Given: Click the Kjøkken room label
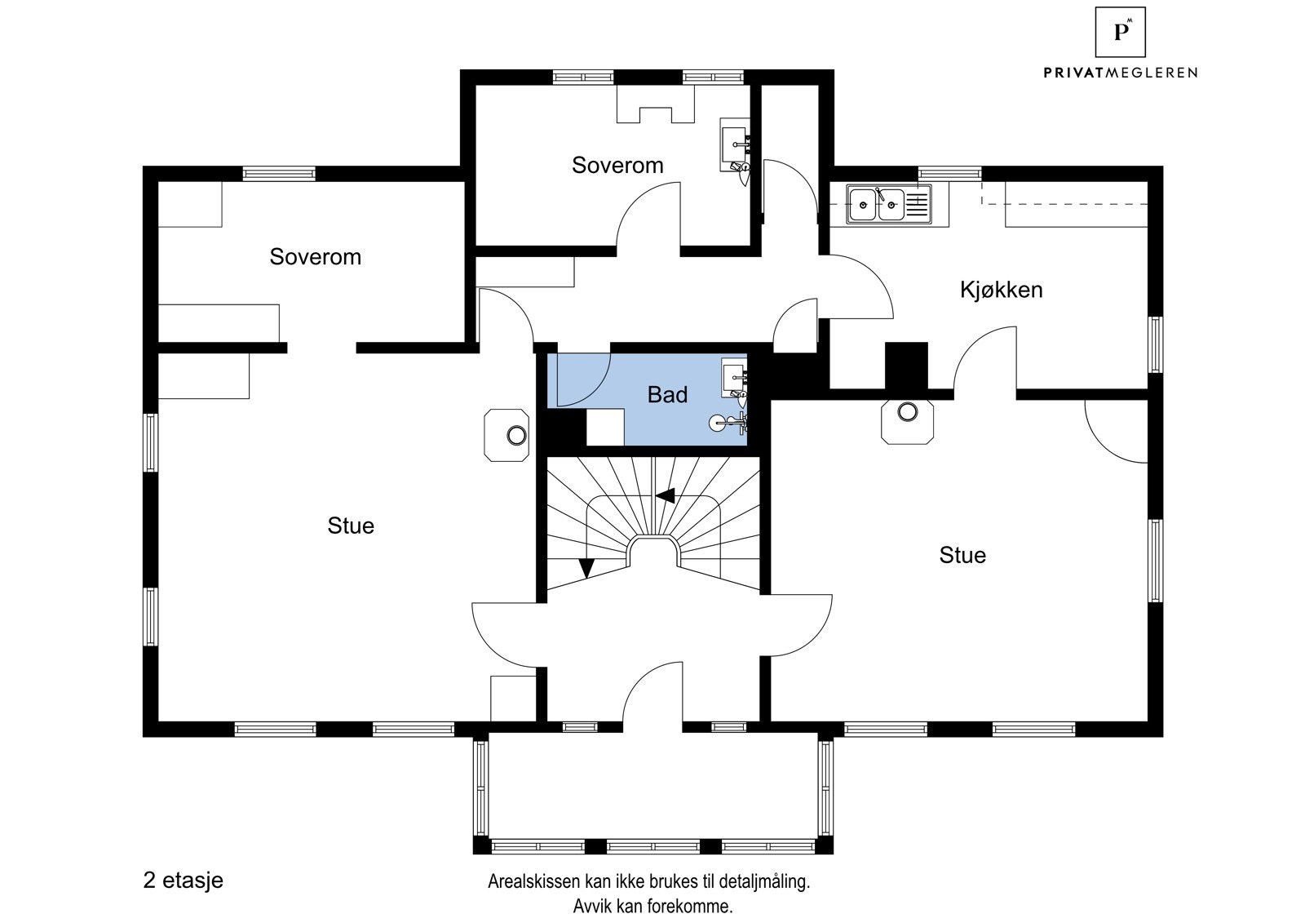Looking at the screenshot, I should (1001, 290).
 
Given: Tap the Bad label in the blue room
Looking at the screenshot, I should (667, 395).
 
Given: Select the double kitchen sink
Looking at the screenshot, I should (877, 205).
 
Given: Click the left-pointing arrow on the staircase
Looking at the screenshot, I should (666, 495).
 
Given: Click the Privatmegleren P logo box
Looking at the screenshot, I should (1121, 32).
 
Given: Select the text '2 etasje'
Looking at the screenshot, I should (183, 881).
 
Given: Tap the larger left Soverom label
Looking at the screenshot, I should (315, 257).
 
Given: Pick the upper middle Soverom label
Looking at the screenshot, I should (617, 166).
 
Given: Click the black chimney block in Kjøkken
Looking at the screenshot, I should (906, 365).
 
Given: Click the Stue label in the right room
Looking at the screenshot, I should (962, 556).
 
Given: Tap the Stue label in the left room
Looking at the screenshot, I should (351, 526).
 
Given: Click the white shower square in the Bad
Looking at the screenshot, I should (605, 428).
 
